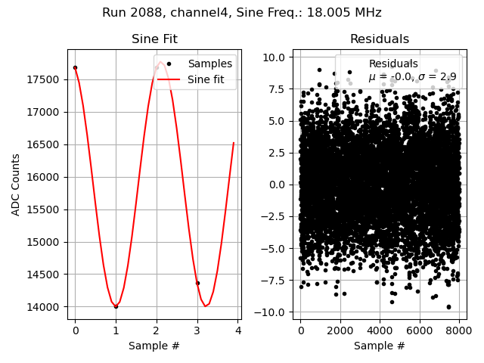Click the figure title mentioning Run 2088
(242, 13)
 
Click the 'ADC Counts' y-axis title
(16, 185)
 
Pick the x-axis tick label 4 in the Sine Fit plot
(237, 331)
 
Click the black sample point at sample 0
(75, 67)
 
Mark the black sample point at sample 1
(116, 306)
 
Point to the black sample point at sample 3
(197, 283)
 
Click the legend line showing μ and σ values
(412, 77)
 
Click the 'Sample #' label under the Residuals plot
(379, 346)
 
